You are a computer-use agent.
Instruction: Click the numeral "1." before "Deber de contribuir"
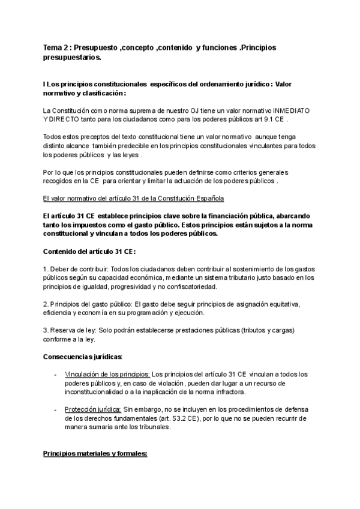click(x=46, y=268)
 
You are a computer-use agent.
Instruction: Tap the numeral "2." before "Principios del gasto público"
click(x=46, y=304)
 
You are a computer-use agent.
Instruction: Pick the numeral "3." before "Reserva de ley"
click(x=46, y=330)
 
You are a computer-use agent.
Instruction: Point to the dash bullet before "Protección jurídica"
click(x=55, y=409)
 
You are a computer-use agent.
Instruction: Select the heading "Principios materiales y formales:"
click(x=95, y=454)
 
